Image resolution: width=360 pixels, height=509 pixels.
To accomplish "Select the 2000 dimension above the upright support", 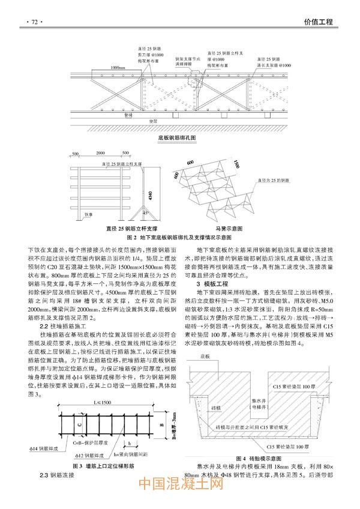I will coord(100,154).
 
